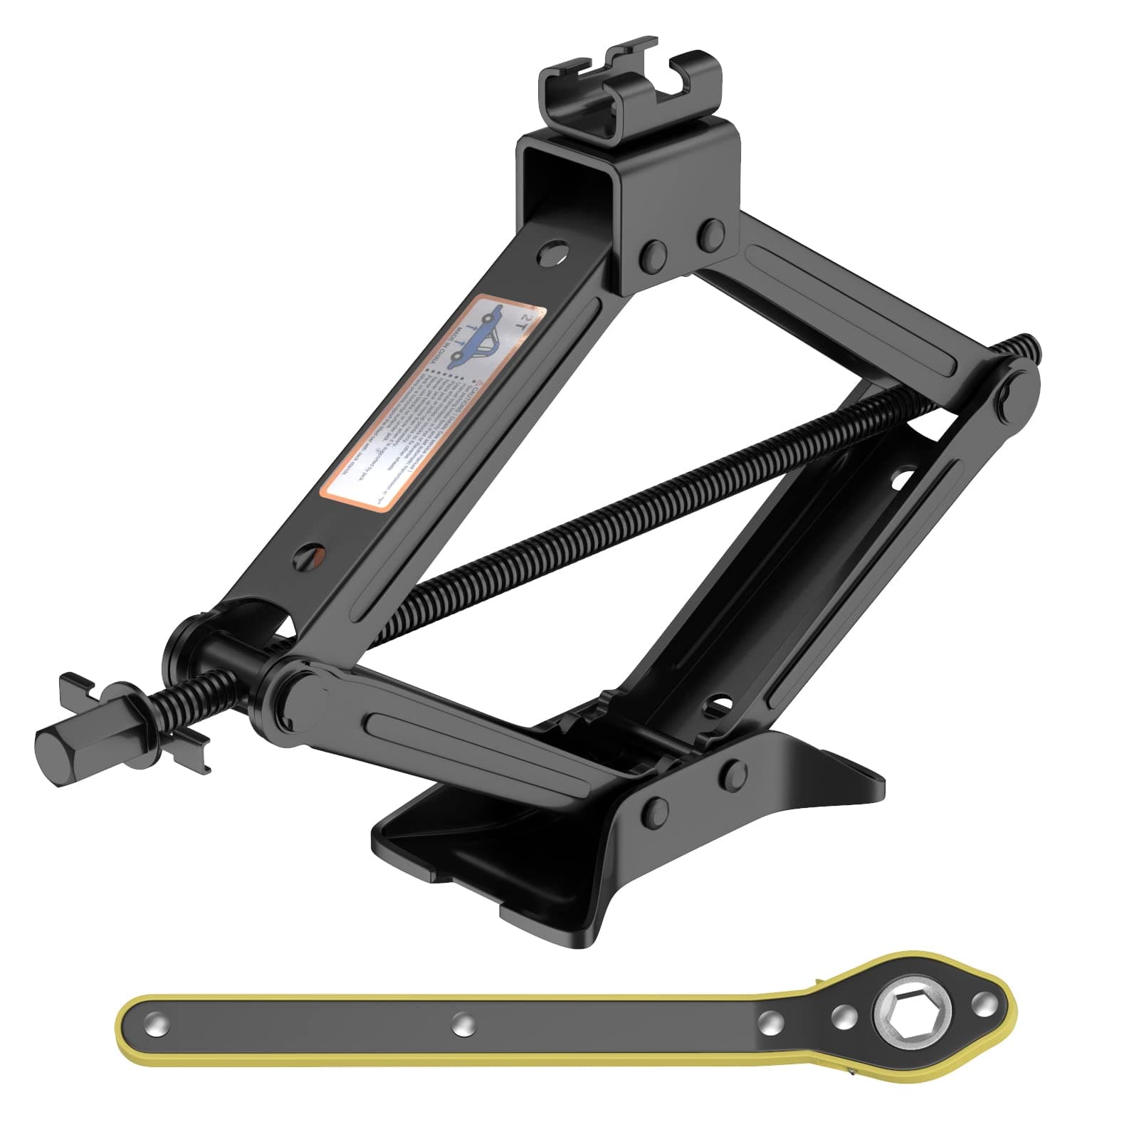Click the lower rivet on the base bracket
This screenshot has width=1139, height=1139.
pyautogui.click(x=656, y=811)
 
